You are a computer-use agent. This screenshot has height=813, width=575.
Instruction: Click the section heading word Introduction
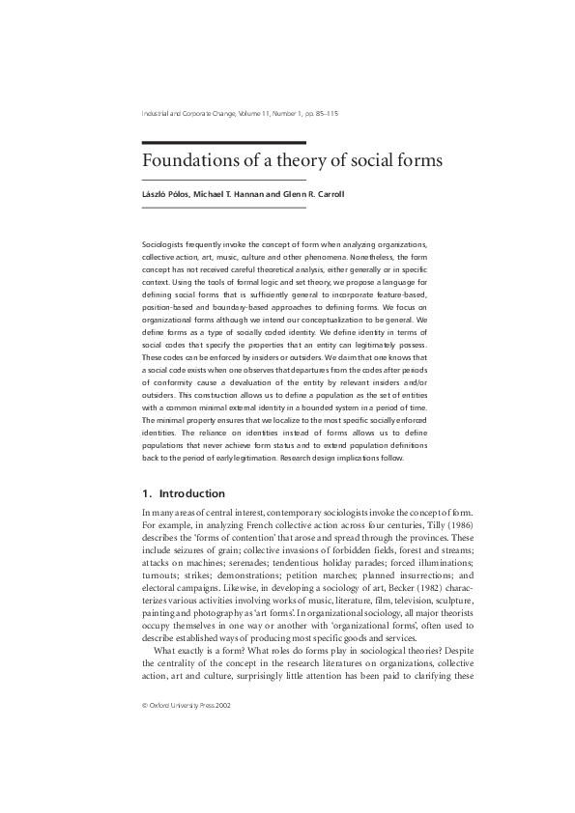[192, 493]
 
